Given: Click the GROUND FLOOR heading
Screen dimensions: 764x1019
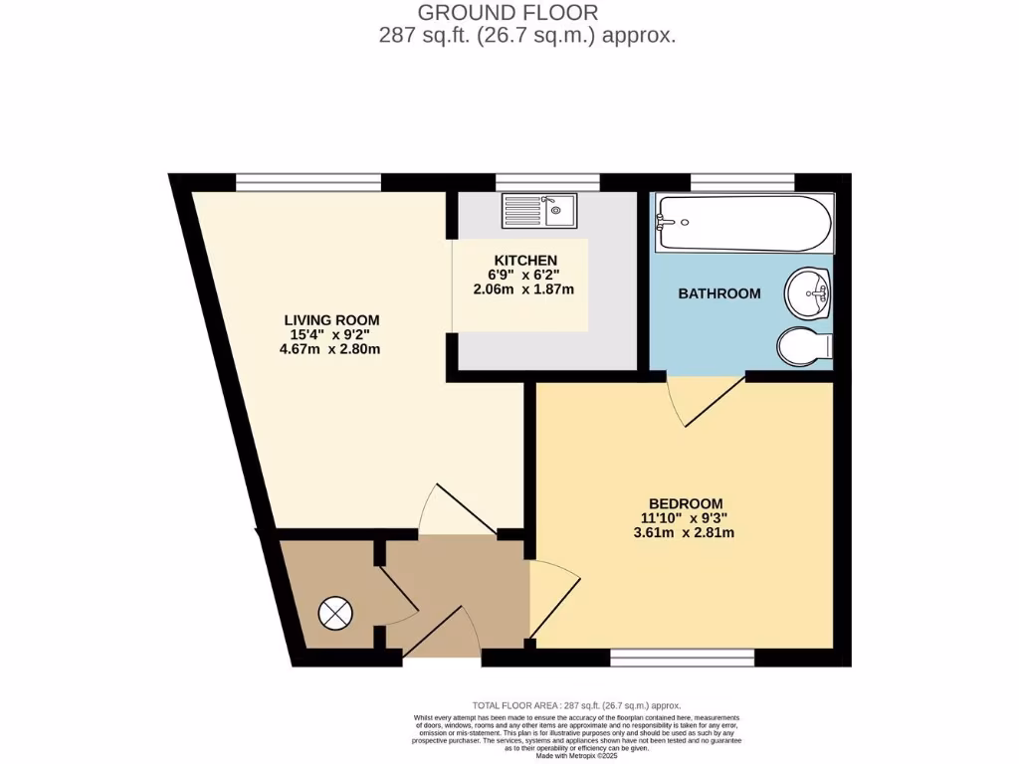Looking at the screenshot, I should pyautogui.click(x=508, y=13).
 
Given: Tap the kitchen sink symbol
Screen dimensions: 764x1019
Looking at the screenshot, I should pyautogui.click(x=538, y=210).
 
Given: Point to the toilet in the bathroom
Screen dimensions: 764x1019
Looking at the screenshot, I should pyautogui.click(x=805, y=346).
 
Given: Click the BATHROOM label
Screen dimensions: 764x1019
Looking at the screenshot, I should pyautogui.click(x=718, y=293).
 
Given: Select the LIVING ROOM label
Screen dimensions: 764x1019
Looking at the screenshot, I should pyautogui.click(x=332, y=319).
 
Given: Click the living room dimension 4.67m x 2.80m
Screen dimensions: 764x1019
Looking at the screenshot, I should pyautogui.click(x=332, y=349).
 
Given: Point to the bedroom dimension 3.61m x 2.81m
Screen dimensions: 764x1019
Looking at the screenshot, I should pyautogui.click(x=685, y=532).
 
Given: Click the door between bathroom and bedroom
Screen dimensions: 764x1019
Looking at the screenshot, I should pyautogui.click(x=708, y=400).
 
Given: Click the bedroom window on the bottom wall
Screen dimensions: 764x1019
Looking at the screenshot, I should pyautogui.click(x=682, y=657).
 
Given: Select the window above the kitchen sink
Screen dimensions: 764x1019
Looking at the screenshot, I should pyautogui.click(x=547, y=181).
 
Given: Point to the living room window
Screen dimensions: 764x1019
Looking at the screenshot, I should pyautogui.click(x=308, y=181).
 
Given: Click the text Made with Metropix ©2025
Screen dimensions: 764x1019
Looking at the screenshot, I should pyautogui.click(x=577, y=756).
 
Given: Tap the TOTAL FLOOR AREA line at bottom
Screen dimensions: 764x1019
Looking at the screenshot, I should pyautogui.click(x=576, y=704).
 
